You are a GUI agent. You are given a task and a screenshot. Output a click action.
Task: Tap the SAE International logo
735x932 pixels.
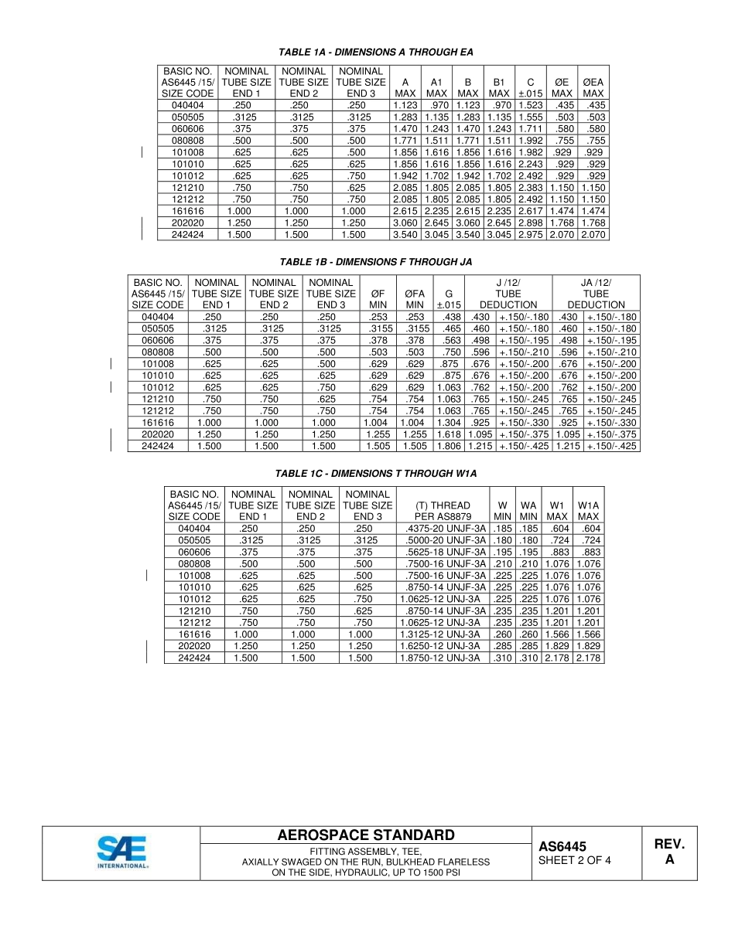coord(122,853)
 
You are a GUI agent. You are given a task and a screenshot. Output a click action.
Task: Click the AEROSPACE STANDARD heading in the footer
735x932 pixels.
coord(366,835)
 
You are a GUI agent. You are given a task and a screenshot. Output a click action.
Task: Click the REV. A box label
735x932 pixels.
coord(669,852)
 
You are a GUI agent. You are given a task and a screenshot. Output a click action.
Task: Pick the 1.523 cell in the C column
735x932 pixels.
coord(530,105)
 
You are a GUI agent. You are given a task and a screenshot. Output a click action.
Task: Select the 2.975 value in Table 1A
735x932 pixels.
coord(530,234)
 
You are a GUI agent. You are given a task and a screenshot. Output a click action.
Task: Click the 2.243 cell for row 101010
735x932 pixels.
coord(530,164)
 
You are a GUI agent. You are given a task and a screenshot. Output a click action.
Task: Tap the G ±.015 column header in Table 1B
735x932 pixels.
coord(449,299)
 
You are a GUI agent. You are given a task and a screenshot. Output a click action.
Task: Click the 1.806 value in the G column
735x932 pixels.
coord(449,446)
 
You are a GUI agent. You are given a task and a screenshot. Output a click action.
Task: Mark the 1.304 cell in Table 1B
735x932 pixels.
coord(449,423)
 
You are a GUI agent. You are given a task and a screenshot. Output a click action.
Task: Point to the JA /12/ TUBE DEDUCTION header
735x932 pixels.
coord(595,294)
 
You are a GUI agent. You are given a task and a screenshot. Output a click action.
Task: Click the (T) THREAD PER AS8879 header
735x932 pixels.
coord(443,511)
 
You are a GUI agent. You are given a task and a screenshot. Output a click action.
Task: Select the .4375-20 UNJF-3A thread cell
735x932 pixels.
coord(443,529)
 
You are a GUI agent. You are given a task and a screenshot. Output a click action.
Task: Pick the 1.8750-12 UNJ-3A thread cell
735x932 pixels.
coord(443,658)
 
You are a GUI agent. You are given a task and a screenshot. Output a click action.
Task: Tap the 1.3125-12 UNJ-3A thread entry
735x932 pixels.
coord(443,634)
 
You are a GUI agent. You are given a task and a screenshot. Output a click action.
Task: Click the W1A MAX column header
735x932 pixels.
coord(588,511)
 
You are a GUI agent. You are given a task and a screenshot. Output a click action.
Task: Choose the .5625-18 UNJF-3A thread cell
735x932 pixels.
coord(443,552)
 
